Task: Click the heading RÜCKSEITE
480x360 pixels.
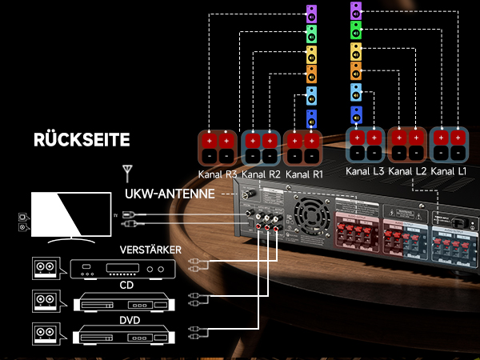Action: pos(81,140)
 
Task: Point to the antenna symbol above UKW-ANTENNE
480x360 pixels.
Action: pos(126,172)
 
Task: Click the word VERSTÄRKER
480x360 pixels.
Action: pos(150,250)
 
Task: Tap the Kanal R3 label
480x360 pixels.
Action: pos(218,174)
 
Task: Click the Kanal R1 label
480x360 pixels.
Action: pos(303,174)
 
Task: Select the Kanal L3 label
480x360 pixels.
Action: pos(365,171)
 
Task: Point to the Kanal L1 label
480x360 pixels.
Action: pos(449,171)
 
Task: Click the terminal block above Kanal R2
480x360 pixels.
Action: pos(261,147)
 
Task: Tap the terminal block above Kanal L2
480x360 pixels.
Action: pos(407,145)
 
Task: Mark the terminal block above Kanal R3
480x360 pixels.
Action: pos(218,147)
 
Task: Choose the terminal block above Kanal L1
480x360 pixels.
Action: pos(449,145)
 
